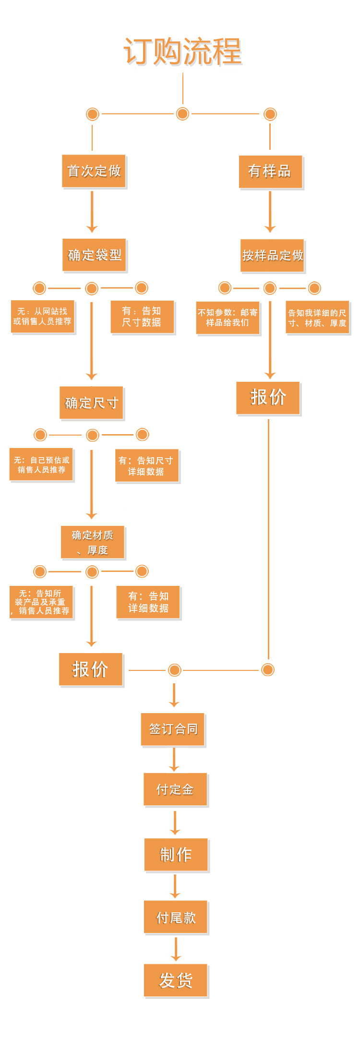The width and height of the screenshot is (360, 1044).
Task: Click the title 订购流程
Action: click(182, 51)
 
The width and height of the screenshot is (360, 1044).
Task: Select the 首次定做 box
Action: click(94, 171)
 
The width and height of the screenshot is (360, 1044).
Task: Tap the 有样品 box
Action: click(270, 171)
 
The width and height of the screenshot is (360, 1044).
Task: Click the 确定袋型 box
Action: click(94, 255)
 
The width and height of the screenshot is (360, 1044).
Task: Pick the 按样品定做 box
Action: click(272, 255)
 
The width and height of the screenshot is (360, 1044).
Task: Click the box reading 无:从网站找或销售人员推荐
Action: click(42, 316)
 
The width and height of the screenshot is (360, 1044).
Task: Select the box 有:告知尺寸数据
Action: click(142, 316)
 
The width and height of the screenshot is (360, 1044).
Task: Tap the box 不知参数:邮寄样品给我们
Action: click(228, 317)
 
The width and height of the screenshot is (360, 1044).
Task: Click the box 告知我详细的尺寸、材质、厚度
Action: click(317, 317)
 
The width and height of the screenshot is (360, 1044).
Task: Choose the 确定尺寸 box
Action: click(91, 403)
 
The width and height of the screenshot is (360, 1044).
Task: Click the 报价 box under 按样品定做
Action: click(268, 398)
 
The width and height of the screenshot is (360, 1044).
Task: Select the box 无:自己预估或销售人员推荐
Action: click(41, 464)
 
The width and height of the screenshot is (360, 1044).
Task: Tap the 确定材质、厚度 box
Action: click(93, 542)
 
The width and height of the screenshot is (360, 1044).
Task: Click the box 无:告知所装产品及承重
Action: click(41, 602)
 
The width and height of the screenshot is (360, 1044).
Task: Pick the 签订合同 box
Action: click(173, 729)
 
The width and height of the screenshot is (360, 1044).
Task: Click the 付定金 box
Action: click(175, 789)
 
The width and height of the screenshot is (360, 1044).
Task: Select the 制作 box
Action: click(176, 854)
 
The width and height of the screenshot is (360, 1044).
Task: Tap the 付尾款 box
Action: click(176, 917)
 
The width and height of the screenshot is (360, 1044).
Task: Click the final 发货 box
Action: click(176, 980)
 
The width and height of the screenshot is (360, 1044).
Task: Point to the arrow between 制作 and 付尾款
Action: click(175, 886)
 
